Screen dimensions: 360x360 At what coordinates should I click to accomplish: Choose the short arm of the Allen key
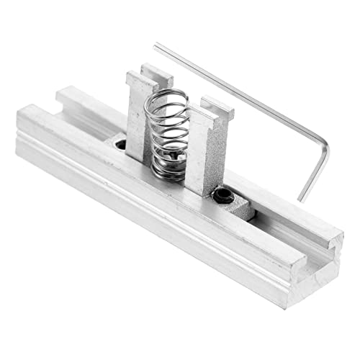click(x=314, y=169)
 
